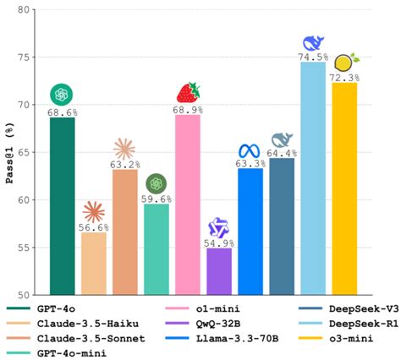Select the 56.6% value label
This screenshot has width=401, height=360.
click(x=94, y=226)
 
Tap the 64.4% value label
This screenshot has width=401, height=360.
click(x=282, y=153)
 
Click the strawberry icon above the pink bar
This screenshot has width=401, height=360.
click(x=188, y=92)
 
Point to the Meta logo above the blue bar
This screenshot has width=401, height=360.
click(x=250, y=151)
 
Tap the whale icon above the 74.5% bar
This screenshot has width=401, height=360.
click(x=313, y=42)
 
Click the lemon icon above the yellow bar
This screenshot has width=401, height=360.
click(x=345, y=62)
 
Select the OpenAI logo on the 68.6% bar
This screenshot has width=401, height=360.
click(x=63, y=94)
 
